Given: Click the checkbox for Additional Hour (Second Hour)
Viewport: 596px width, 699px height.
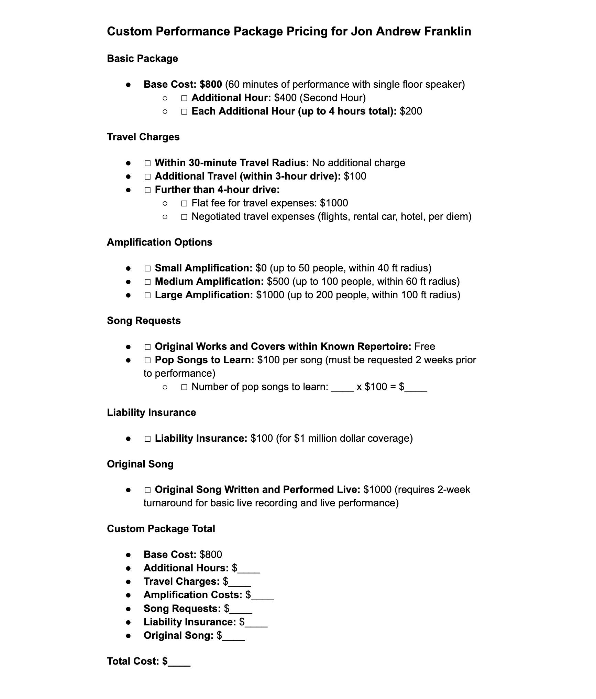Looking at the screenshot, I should point(184,98).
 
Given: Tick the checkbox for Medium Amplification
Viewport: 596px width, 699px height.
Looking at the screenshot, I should point(147,282).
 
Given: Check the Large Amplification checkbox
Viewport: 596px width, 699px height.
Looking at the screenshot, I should point(147,295).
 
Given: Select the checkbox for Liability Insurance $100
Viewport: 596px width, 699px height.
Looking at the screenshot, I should point(147,439).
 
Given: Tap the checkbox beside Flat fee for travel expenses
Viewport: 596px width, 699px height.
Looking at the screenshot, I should point(184,204).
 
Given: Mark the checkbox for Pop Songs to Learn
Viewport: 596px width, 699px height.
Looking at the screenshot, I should point(147,361).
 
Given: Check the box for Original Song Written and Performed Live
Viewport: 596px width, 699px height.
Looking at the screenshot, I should point(147,490).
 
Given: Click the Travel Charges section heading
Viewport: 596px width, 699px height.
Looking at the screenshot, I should point(143,137).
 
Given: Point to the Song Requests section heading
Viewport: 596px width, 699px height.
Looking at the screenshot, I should point(144,321).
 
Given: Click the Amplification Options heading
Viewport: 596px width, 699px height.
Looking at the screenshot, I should point(159,242).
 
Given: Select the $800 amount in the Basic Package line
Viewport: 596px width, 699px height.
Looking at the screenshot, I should point(211,84).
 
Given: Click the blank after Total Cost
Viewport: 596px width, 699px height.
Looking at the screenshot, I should point(179,662).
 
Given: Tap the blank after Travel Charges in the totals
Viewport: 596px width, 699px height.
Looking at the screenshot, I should point(240,582).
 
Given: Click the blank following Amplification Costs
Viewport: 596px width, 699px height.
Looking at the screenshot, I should point(263,595).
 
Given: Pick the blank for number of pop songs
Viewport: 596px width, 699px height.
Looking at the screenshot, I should point(342,387).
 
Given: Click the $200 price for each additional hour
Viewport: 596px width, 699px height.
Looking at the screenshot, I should point(411,111).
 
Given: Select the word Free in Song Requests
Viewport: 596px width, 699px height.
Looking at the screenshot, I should point(424,346).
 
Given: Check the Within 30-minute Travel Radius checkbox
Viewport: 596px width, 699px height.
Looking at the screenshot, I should point(147,163).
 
